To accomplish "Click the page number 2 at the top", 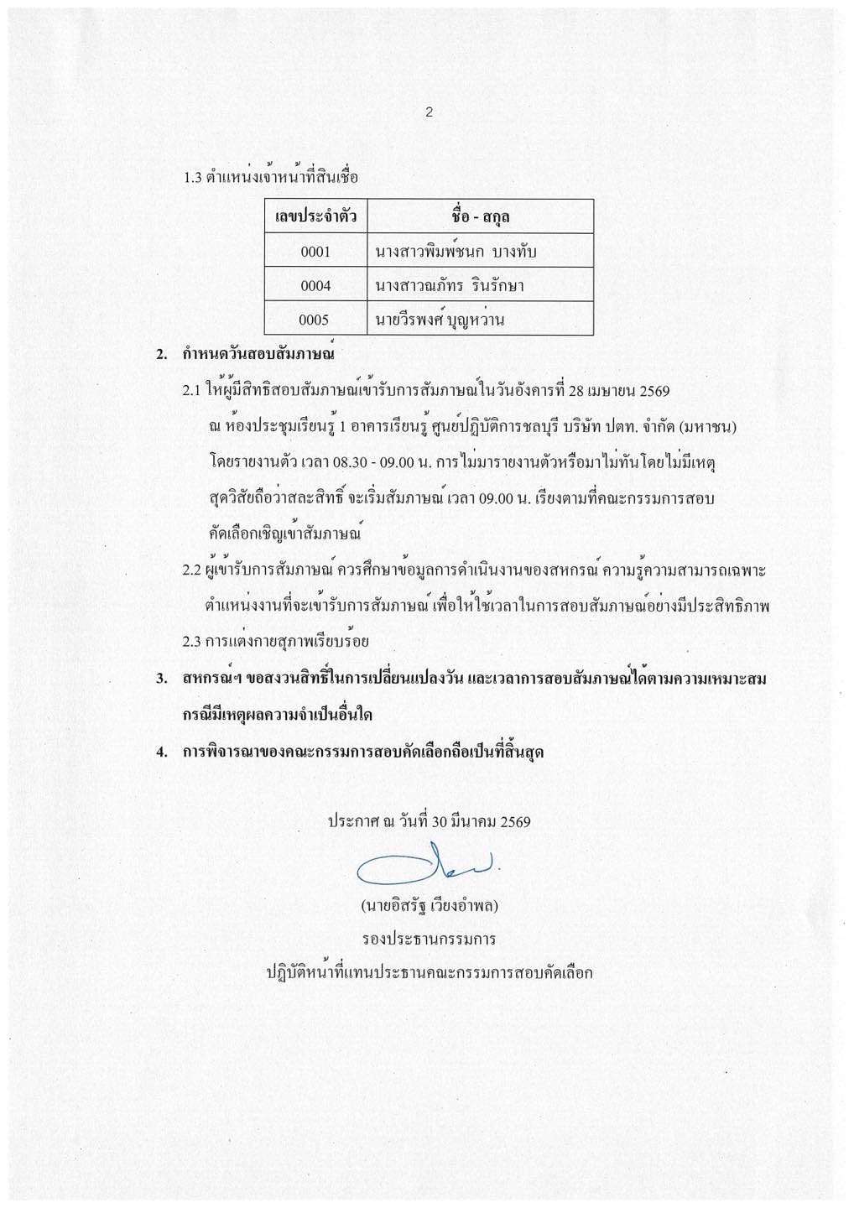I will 429,112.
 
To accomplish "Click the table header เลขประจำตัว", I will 315,217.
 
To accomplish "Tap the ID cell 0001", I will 315,252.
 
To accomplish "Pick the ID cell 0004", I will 315,286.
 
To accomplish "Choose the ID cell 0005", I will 315,320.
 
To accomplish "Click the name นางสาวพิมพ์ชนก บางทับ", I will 456,252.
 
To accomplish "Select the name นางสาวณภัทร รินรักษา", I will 450,286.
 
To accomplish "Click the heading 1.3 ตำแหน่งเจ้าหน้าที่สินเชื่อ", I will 271,178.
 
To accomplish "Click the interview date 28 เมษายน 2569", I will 618,391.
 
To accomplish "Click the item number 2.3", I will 193,642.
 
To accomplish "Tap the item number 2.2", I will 193,570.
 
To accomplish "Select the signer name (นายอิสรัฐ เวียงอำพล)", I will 428,907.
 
